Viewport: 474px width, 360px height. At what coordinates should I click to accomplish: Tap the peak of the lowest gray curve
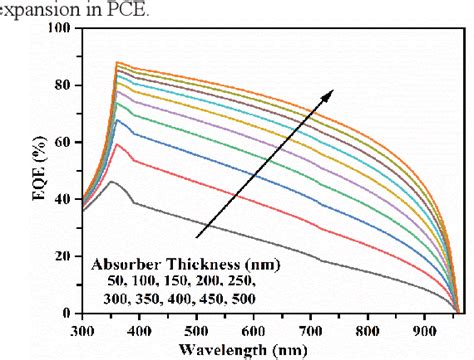coord(113,181)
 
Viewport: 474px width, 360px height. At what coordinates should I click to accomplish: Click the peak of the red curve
coord(117,145)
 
